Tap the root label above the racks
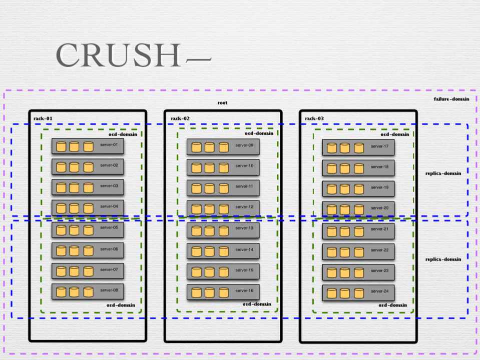[x=222, y=102]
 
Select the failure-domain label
[x=451, y=99]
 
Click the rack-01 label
[x=43, y=118]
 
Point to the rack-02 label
[x=180, y=118]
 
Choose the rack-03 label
[x=314, y=118]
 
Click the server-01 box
[x=88, y=146]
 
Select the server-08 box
[x=88, y=291]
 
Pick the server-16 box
[x=223, y=292]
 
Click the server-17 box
[x=358, y=147]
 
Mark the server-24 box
[x=358, y=292]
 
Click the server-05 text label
[x=109, y=227]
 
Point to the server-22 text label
[x=379, y=250]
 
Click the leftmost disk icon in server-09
[x=196, y=147]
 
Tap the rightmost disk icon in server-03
[x=88, y=187]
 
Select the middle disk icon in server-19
[x=344, y=189]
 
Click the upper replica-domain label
[x=443, y=173]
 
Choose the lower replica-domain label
[x=443, y=259]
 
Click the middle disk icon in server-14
[x=210, y=251]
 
